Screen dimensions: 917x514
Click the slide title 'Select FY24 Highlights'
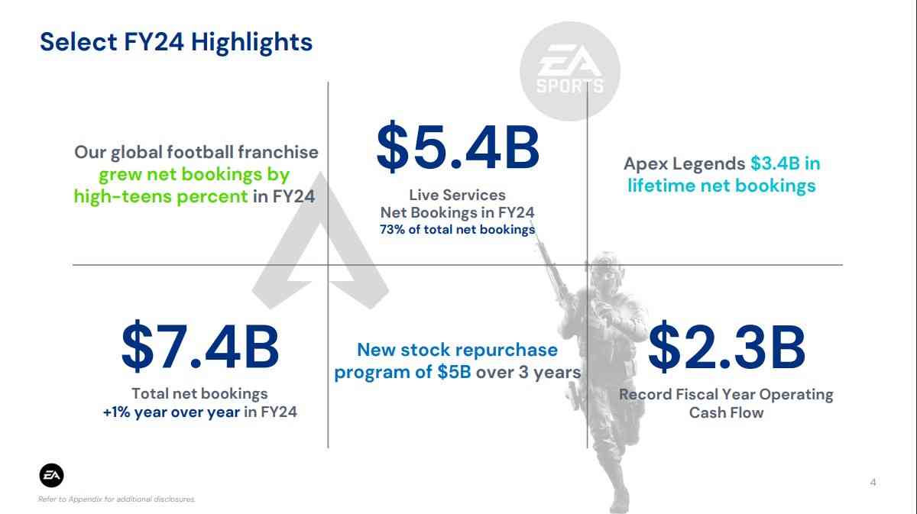[176, 43]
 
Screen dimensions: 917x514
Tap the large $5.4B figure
[458, 147]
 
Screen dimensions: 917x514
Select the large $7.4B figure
[200, 346]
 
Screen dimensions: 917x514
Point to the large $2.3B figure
[727, 346]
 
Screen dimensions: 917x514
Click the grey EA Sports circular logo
[570, 71]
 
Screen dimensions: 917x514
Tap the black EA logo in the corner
[52, 476]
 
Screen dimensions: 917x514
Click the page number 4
[873, 483]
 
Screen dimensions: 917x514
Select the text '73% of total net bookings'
[457, 230]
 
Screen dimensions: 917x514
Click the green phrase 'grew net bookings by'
[194, 175]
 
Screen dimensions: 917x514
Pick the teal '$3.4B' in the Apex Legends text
[775, 163]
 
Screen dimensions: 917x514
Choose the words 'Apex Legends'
[684, 164]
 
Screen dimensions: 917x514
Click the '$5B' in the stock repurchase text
[454, 373]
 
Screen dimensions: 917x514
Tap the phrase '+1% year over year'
[171, 412]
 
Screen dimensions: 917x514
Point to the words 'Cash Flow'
[726, 412]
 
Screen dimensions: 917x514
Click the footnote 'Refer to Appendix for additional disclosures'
[117, 499]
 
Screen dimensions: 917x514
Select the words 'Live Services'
[457, 196]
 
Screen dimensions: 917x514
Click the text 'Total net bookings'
[199, 393]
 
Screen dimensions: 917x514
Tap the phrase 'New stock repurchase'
[457, 350]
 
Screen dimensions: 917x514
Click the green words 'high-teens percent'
[161, 197]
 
